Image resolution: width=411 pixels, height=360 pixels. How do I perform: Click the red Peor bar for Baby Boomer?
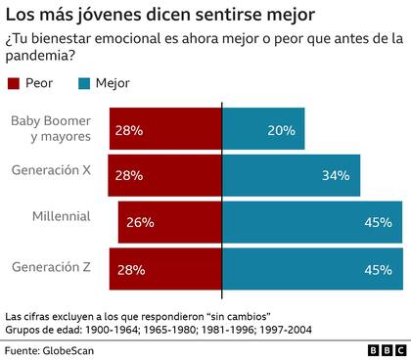(165, 129)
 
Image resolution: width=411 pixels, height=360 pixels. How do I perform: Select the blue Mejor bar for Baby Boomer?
(263, 129)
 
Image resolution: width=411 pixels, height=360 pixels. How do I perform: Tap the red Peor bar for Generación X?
(165, 175)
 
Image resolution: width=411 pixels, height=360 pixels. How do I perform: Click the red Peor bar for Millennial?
(170, 222)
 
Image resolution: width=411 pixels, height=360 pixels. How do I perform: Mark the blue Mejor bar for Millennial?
(311, 222)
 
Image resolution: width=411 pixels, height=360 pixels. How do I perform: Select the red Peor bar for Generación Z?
(165, 269)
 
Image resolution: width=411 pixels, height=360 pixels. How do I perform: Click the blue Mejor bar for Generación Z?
(311, 269)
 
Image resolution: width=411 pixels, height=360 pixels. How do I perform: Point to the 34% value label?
(336, 175)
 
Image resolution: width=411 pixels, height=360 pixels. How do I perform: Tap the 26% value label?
(140, 222)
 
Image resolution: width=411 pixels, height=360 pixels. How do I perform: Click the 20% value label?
(281, 129)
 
